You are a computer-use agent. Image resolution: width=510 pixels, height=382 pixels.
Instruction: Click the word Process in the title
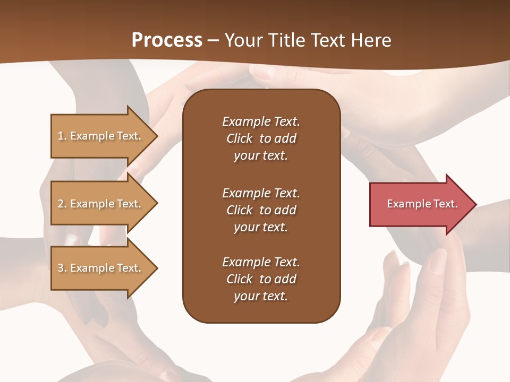click(167, 40)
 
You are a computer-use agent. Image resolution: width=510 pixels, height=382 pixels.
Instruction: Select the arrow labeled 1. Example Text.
click(101, 136)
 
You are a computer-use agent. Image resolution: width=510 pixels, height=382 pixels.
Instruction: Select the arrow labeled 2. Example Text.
click(101, 204)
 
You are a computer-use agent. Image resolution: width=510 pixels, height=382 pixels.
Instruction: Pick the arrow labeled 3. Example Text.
click(101, 268)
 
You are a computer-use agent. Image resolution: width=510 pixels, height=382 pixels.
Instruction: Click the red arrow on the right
click(420, 204)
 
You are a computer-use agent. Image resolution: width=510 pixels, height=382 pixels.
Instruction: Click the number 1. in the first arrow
click(62, 136)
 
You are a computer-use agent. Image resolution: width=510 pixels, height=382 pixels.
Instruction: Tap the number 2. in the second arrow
click(62, 204)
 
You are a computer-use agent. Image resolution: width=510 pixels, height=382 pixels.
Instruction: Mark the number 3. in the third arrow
click(62, 268)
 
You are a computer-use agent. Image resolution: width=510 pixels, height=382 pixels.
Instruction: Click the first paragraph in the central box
click(261, 138)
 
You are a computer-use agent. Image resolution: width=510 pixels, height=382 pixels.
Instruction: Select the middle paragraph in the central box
click(261, 210)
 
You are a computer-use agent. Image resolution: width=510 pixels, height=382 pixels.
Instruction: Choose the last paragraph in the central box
click(261, 279)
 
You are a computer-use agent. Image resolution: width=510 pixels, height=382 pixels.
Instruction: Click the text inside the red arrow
click(422, 204)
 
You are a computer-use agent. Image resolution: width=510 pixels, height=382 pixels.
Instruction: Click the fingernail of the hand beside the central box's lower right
click(439, 260)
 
